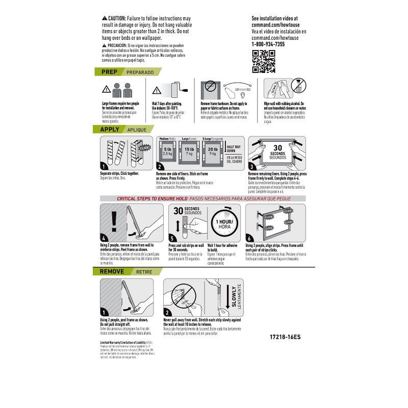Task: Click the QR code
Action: click(263, 61)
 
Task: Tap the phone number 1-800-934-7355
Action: click(268, 44)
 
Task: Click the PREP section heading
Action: click(110, 72)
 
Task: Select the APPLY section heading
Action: click(110, 130)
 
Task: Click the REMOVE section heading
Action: click(112, 271)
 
